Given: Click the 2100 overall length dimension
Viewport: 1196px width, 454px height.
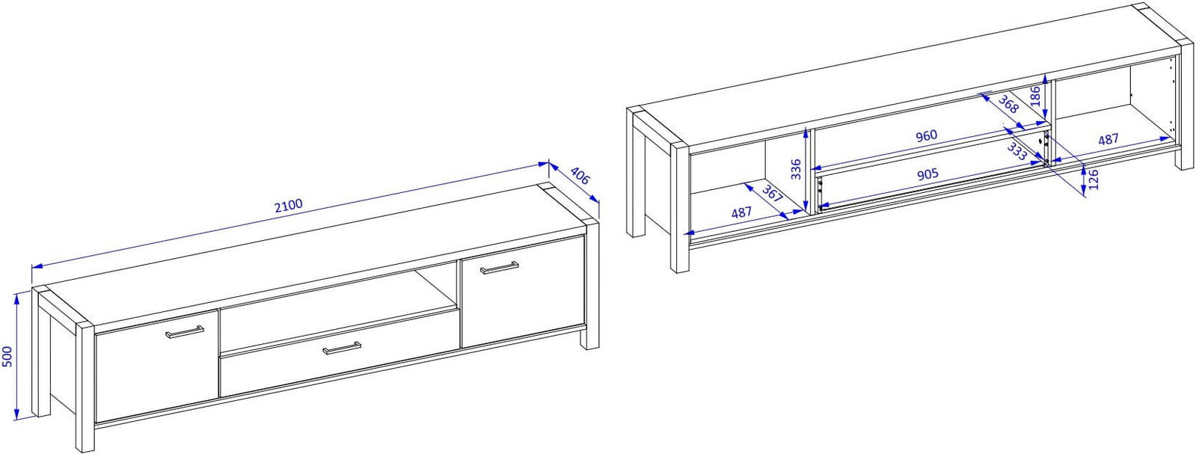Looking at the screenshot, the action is tap(288, 205).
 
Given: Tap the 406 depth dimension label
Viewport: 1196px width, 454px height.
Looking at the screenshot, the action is tap(580, 176).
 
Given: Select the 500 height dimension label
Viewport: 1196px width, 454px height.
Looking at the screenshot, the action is tap(7, 356).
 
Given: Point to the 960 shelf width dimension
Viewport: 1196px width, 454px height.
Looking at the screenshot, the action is tap(927, 135).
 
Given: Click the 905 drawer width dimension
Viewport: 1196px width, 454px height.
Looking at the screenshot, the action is tap(927, 175).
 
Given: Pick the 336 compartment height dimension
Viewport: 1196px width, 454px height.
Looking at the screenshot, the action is tap(796, 169).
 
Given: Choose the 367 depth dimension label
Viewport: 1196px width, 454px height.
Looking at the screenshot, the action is tap(771, 194).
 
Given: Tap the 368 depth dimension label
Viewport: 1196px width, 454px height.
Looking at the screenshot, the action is tap(1008, 104).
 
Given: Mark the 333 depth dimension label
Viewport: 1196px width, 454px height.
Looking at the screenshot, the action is tap(1017, 152).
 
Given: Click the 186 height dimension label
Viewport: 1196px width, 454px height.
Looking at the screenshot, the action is tap(1034, 96).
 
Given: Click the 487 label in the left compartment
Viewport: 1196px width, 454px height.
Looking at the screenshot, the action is tap(742, 212).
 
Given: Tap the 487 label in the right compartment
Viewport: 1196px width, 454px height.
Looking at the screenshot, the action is tap(1108, 139).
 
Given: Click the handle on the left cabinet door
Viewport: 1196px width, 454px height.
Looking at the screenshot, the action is tap(185, 331).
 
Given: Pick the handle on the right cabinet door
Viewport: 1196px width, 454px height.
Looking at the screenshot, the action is tap(499, 268).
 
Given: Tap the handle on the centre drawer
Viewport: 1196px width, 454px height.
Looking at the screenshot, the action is tap(342, 349).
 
